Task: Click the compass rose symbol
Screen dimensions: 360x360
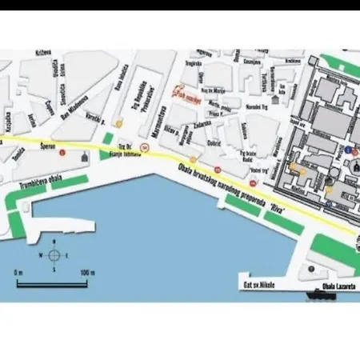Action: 54,256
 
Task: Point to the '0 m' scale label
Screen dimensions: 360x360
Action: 18,272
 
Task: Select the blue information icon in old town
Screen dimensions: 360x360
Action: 350,150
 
